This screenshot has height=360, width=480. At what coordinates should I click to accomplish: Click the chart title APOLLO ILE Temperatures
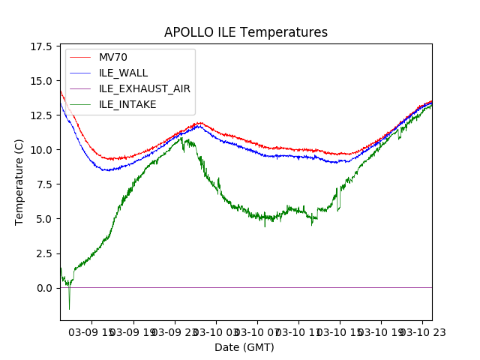point(246,33)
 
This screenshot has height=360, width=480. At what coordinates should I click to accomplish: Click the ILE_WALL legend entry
point(124,73)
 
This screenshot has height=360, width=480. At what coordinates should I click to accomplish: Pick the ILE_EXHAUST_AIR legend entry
point(145,88)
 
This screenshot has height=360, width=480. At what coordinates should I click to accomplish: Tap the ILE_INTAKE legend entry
point(128,104)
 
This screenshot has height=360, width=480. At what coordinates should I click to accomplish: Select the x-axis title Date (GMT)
point(244,347)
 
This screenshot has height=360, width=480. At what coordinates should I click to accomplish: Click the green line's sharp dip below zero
point(69,308)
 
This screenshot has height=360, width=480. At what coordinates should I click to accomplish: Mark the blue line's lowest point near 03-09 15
point(107,170)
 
